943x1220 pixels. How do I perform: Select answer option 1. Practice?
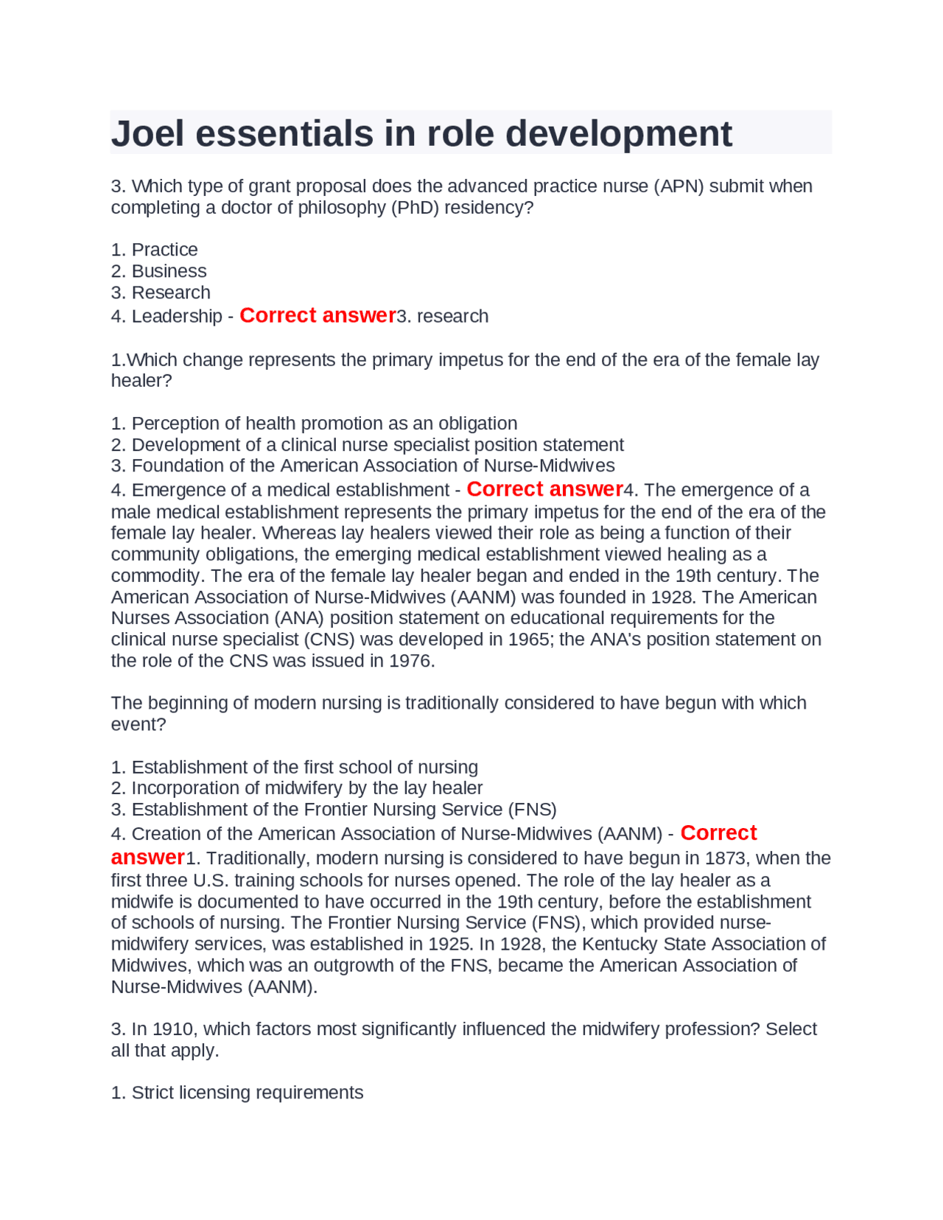(x=154, y=250)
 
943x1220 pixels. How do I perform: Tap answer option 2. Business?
(x=158, y=271)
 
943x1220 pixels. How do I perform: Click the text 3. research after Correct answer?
(x=442, y=316)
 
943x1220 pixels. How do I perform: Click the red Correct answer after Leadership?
(x=318, y=315)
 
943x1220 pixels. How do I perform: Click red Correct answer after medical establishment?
(x=544, y=489)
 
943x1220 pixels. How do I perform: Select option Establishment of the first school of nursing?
(x=295, y=767)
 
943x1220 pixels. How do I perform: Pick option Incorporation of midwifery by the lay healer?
(x=297, y=788)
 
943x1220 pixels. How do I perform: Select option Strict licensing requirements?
(x=237, y=1093)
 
